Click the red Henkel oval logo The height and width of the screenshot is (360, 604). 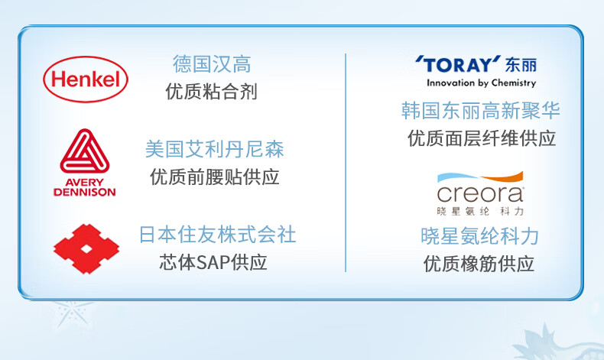pyautogui.click(x=86, y=79)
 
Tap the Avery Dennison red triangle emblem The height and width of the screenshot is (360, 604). pyautogui.click(x=85, y=151)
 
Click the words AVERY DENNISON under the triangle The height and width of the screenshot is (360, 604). pyautogui.click(x=85, y=187)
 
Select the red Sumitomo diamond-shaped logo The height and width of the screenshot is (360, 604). pyautogui.click(x=86, y=249)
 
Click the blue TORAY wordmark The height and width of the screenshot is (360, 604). pyautogui.click(x=458, y=65)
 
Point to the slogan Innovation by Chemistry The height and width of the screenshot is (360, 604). pyautogui.click(x=481, y=83)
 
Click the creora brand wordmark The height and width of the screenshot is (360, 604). pyautogui.click(x=480, y=194)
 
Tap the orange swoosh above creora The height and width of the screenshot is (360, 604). pyautogui.click(x=502, y=177)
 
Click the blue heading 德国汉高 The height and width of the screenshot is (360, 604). pyautogui.click(x=212, y=64)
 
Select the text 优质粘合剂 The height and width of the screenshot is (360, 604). pyautogui.click(x=212, y=92)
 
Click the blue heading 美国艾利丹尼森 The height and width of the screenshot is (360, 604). pyautogui.click(x=215, y=149)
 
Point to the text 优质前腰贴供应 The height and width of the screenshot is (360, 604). pyautogui.click(x=215, y=177)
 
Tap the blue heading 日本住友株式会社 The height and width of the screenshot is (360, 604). pyautogui.click(x=218, y=235)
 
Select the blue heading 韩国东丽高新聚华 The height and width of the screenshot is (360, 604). pyautogui.click(x=480, y=111)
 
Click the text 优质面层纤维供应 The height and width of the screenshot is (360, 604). pyautogui.click(x=482, y=138)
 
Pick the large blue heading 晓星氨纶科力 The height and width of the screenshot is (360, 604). pyautogui.click(x=479, y=236)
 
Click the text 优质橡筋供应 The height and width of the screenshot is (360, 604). pyautogui.click(x=479, y=264)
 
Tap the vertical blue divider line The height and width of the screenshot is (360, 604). pyautogui.click(x=346, y=163)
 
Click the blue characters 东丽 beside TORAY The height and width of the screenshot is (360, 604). pyautogui.click(x=521, y=65)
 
